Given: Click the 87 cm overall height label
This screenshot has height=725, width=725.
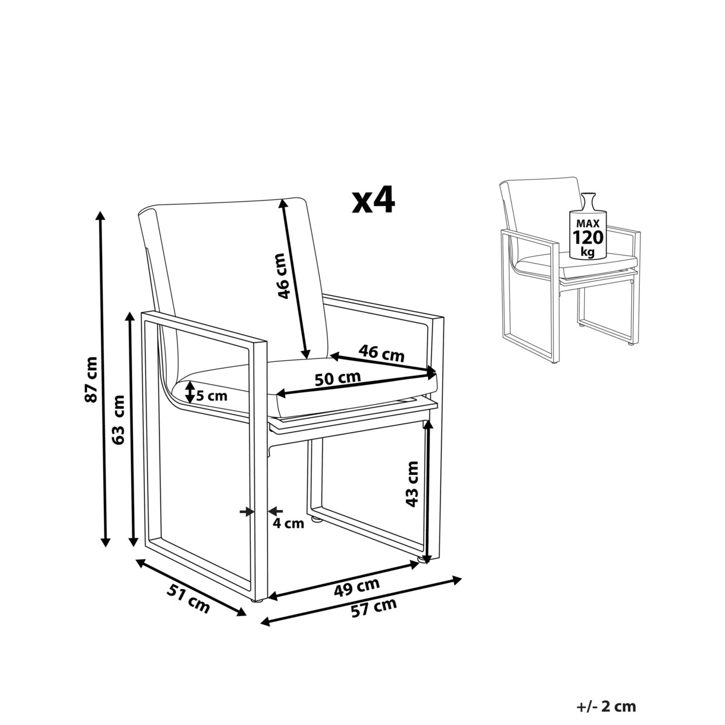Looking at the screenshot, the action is (x=92, y=379).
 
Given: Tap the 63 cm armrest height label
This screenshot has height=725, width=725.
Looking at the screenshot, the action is (x=119, y=419).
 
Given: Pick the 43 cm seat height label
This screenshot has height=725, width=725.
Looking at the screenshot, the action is (x=413, y=484).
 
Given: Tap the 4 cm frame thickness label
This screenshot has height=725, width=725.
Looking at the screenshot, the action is (x=288, y=523).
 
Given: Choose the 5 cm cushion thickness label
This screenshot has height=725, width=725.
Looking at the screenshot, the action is (x=212, y=395).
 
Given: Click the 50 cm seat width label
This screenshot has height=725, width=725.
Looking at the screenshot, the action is (x=338, y=378).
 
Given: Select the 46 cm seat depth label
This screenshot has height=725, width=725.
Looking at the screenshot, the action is (x=381, y=353).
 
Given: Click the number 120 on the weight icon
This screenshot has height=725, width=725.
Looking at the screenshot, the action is (x=588, y=237).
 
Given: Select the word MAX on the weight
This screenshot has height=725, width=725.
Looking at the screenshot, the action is (x=588, y=224).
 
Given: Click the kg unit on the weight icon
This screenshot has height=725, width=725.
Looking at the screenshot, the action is (x=587, y=252).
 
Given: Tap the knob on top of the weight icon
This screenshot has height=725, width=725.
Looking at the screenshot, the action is (x=587, y=197).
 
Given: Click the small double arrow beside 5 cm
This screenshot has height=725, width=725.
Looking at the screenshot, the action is (x=190, y=391).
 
